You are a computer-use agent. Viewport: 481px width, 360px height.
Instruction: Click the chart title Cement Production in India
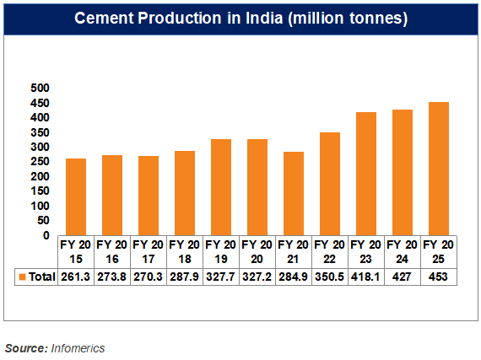[240, 19]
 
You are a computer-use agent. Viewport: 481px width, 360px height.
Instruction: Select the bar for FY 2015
[76, 196]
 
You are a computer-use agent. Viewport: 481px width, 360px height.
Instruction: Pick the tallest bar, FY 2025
[438, 169]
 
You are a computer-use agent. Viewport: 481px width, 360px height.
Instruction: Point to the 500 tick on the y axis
[40, 89]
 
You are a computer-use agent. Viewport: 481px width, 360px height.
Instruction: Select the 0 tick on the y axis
[47, 236]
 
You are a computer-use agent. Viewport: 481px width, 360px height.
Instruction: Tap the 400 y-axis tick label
[40, 118]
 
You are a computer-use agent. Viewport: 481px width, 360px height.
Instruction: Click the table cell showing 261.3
[75, 277]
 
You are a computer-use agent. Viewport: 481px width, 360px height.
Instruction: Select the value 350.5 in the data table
[329, 277]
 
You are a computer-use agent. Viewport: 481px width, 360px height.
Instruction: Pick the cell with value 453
[438, 277]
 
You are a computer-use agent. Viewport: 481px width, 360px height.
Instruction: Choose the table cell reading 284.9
[293, 277]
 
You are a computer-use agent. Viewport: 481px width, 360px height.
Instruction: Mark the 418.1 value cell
[365, 277]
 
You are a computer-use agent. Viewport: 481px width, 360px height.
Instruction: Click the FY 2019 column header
[220, 251]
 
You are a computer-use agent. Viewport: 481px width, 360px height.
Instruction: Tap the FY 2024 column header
[402, 251]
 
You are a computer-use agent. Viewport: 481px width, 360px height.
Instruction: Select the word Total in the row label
[41, 277]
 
